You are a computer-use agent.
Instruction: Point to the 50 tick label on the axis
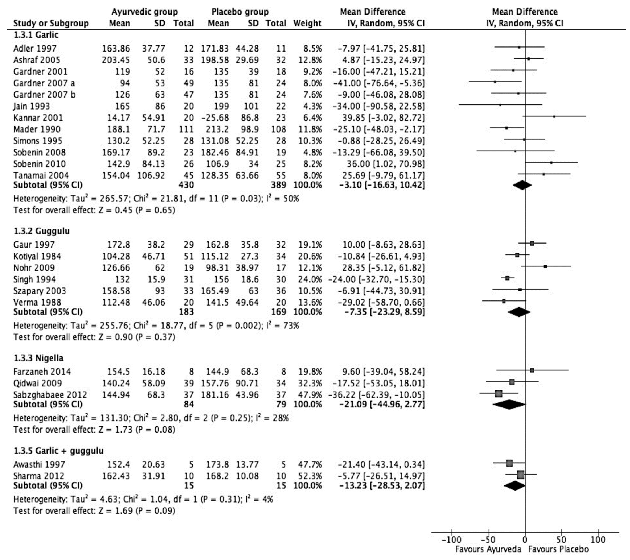coord(561,540)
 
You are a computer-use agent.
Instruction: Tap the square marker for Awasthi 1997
coord(509,463)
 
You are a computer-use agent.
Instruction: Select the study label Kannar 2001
coord(38,118)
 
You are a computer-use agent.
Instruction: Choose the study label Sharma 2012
coord(38,476)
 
